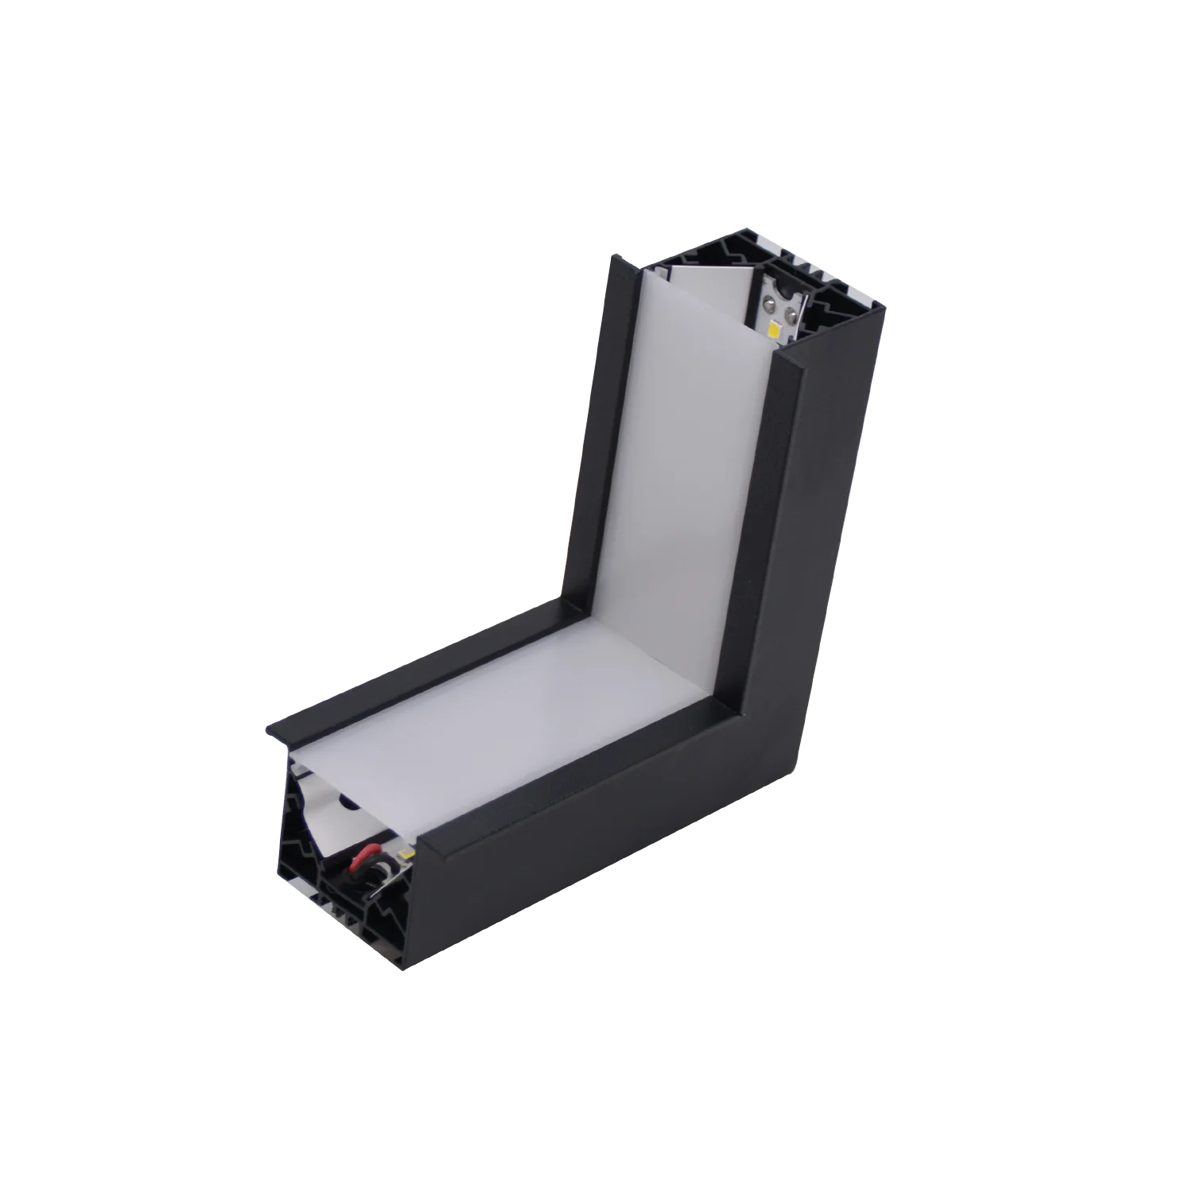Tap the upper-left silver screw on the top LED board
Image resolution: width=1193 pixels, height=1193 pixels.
tap(769, 303)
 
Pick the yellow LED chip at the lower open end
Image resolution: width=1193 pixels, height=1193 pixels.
tap(406, 853)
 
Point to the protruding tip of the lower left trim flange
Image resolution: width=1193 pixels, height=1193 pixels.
tap(266, 733)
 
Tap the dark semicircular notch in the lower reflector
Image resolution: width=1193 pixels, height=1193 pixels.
tap(348, 802)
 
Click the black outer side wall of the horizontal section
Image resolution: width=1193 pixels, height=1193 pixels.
tap(620, 851)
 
